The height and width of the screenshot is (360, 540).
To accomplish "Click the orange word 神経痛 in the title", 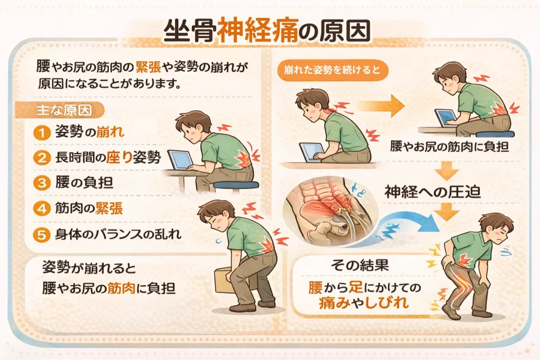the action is pyautogui.click(x=258, y=31).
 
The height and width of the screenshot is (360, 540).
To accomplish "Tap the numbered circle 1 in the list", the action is pyautogui.click(x=42, y=132).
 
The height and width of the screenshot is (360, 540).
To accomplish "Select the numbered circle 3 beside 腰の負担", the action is pyautogui.click(x=42, y=183).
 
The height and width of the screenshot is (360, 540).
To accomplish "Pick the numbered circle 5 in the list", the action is pyautogui.click(x=42, y=235).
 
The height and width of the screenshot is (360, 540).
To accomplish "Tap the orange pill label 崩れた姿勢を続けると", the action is pyautogui.click(x=332, y=71).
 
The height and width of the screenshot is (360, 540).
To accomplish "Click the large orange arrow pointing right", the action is pyautogui.click(x=381, y=105).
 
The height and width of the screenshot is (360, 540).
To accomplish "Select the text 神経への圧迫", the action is pyautogui.click(x=432, y=192).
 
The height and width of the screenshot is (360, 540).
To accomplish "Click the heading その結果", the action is pyautogui.click(x=360, y=265).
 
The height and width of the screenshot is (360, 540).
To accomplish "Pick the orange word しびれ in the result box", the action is pyautogui.click(x=387, y=303).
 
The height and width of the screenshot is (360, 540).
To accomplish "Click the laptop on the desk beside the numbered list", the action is pyautogui.click(x=181, y=160).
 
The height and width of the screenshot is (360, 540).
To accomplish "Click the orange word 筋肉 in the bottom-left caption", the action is pyautogui.click(x=121, y=288).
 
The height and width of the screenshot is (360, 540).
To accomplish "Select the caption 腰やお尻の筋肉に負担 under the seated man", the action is pyautogui.click(x=449, y=147).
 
